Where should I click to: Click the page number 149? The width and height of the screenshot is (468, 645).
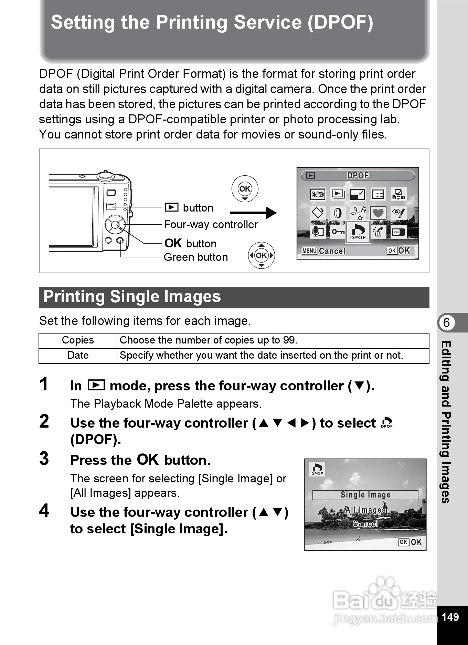(450, 617)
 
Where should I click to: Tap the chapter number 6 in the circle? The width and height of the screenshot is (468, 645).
(446, 323)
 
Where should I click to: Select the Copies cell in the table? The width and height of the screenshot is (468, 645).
(78, 340)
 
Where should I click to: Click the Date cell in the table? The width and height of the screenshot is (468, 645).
(78, 355)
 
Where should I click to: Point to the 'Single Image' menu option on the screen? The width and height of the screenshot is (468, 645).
(365, 495)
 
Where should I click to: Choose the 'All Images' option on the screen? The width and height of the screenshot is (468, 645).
(365, 510)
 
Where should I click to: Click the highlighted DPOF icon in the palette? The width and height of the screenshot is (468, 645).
(358, 232)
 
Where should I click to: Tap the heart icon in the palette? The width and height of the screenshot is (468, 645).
(378, 213)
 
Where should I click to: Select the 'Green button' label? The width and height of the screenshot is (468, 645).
(195, 257)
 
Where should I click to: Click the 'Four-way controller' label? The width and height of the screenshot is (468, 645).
(211, 225)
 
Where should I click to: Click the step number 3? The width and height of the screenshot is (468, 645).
(44, 459)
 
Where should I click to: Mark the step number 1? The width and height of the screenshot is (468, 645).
(44, 384)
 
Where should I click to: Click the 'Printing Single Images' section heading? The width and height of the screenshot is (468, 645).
(132, 297)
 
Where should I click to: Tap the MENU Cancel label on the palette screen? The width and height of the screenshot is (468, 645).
(323, 251)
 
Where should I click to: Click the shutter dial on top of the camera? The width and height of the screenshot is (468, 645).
(105, 176)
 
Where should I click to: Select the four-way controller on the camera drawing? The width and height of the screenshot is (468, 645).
(115, 225)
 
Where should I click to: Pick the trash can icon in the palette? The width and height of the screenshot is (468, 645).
(378, 232)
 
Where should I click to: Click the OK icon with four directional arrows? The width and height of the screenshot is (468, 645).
(261, 255)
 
